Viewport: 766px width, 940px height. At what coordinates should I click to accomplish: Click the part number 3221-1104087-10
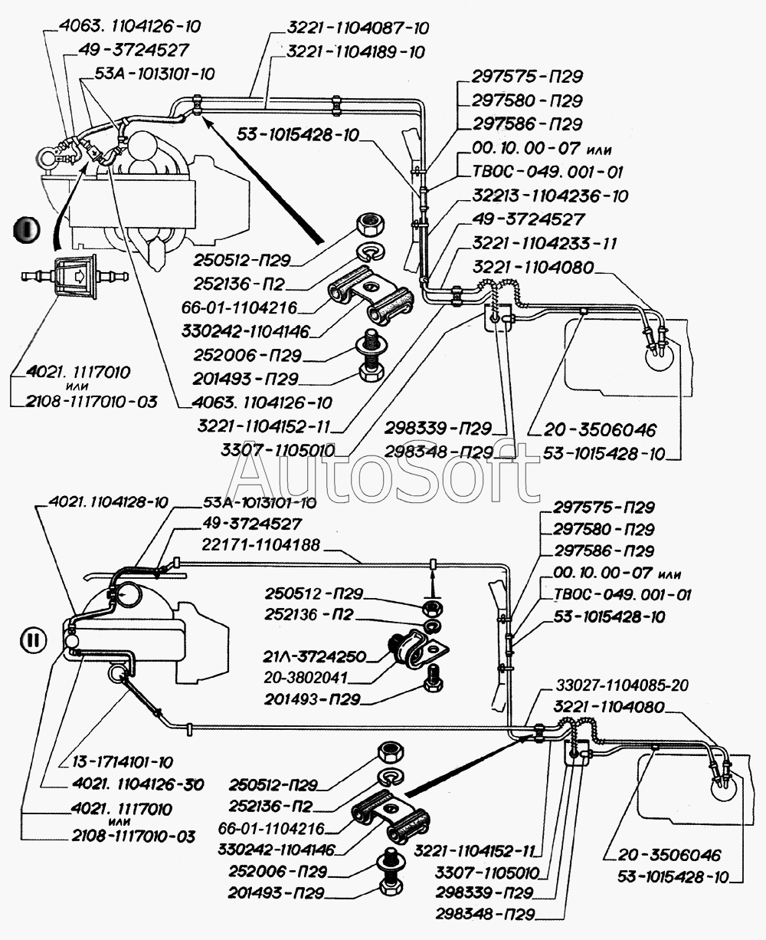tap(358, 28)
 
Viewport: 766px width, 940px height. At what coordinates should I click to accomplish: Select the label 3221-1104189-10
tap(355, 52)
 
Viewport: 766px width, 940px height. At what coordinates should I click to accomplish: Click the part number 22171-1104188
tap(261, 544)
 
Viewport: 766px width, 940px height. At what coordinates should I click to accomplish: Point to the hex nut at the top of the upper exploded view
tap(373, 225)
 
